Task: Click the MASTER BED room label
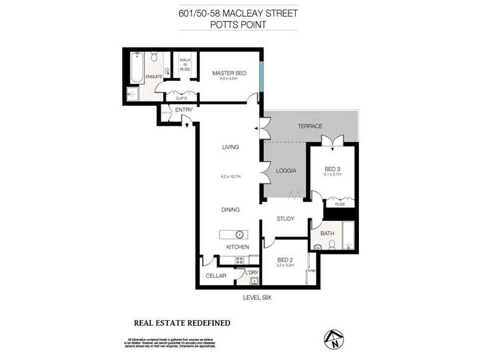point(229,73)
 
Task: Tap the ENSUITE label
point(145,76)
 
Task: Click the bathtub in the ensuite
point(136,67)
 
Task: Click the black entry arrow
point(187,125)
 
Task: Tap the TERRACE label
point(310,126)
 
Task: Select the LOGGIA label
point(286,170)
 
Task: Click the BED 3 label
point(332,169)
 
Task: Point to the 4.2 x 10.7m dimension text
point(230,176)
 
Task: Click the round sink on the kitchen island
point(239,234)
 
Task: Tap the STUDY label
point(286,218)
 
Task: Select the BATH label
point(328,233)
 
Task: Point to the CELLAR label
point(216,276)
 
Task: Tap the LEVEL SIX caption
point(257,296)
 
